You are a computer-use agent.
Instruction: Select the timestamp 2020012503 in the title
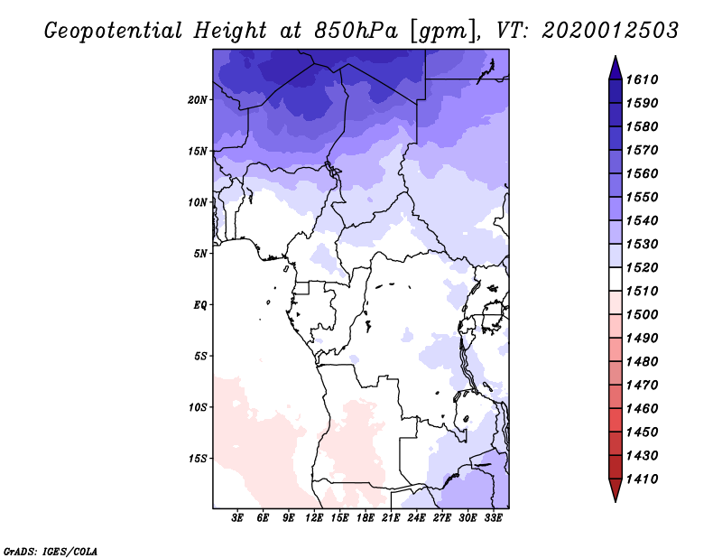610,30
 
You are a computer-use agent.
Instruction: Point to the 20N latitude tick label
198,99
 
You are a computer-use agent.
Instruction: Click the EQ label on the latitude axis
200,304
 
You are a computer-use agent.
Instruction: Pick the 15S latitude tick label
198,458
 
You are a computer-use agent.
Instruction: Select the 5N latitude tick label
200,253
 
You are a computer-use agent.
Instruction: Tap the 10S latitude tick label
198,406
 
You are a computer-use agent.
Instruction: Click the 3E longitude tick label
238,518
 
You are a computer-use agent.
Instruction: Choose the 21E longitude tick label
391,518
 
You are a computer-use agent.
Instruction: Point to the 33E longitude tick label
493,518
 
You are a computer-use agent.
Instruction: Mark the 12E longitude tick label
314,518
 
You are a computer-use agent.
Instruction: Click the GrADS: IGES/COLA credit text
50,550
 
